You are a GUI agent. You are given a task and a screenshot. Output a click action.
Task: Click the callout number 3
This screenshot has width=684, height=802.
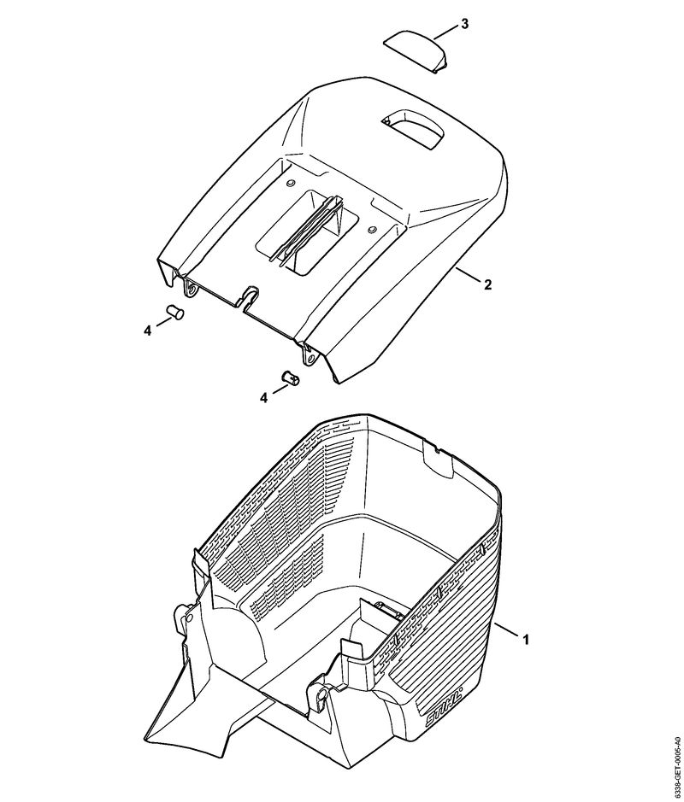coord(464,24)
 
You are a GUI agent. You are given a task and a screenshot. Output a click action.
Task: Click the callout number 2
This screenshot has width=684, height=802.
coord(487,285)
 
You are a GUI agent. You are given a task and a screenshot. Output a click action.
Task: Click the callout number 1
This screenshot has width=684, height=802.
coord(525,639)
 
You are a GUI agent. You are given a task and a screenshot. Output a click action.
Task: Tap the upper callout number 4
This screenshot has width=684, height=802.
coord(147,331)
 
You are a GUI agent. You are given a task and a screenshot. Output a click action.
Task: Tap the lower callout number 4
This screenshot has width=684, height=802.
coord(264,397)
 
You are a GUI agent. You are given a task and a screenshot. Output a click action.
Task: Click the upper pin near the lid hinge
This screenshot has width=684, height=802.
coord(175,312)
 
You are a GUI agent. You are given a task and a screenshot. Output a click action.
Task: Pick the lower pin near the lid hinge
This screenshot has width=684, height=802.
coord(291,378)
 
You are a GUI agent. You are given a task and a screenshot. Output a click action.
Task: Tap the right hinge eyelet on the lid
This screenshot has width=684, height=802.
coord(310,358)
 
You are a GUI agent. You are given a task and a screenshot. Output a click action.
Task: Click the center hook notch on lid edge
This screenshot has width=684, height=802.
coord(250,296)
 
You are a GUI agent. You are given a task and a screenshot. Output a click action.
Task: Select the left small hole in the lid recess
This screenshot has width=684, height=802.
coord(292,182)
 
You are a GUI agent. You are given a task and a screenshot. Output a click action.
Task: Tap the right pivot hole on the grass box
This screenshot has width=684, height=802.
coord(320,695)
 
